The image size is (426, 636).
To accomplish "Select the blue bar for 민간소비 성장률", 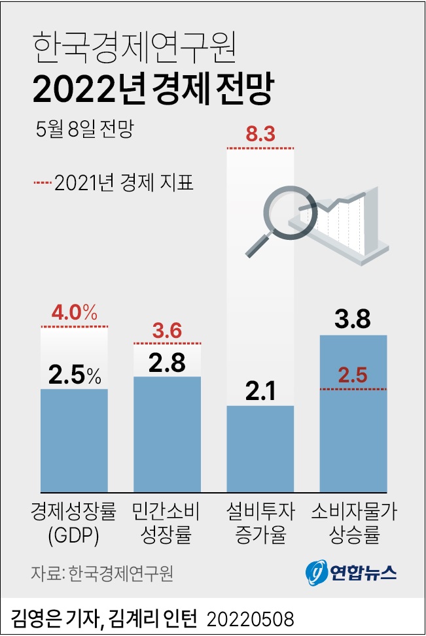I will [x=167, y=434].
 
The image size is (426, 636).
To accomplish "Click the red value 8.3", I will [x=260, y=136].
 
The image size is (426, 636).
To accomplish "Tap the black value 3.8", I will [x=353, y=320].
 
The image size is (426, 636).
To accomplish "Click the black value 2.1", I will [x=260, y=391].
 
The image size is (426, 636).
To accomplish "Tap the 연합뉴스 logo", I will [x=351, y=573].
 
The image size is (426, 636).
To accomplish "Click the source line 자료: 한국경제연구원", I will [x=101, y=573].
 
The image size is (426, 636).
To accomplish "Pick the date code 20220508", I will [x=251, y=618].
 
